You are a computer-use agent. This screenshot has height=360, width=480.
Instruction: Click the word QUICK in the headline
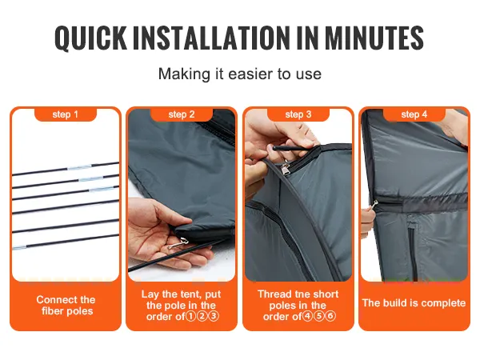click(91, 38)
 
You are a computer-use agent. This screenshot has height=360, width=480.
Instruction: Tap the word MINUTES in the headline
click(374, 38)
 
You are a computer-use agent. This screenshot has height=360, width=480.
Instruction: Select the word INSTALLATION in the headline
click(211, 38)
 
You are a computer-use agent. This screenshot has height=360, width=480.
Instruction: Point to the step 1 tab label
click(66, 114)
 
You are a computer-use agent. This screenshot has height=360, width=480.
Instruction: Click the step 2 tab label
click(182, 114)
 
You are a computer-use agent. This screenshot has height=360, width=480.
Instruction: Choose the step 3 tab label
click(298, 114)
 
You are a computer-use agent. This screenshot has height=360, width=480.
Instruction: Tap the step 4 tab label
click(414, 114)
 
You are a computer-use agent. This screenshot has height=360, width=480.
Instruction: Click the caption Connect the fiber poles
click(66, 306)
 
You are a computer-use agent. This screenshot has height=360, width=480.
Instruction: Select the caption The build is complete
click(414, 303)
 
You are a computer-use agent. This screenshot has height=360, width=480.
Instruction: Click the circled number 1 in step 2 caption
click(190, 316)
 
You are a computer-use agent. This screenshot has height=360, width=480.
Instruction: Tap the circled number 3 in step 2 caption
click(214, 316)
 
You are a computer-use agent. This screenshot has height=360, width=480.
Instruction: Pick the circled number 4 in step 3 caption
click(307, 316)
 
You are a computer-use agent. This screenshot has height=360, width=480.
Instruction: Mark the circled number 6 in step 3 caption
click(330, 316)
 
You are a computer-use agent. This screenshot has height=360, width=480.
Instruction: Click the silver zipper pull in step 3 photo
click(286, 168)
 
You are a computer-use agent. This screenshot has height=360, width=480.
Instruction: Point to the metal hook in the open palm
click(178, 243)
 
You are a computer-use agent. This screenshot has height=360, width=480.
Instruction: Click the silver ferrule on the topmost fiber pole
click(79, 167)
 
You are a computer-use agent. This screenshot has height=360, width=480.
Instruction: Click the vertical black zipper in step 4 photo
click(412, 251)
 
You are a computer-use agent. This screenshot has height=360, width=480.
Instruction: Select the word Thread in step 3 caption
click(273, 294)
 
